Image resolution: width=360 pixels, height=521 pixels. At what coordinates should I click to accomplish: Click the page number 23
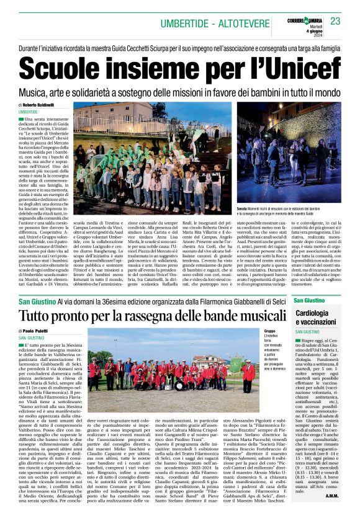(x=336, y=21)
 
